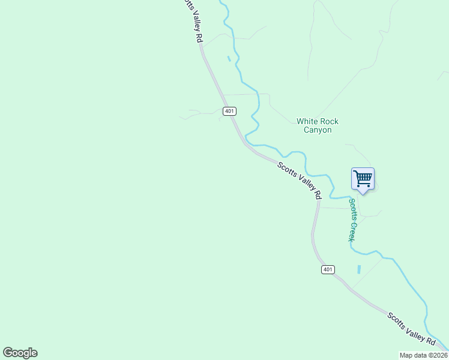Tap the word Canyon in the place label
(x=318, y=130)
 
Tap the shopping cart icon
(x=363, y=178)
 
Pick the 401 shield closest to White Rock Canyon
(x=229, y=111)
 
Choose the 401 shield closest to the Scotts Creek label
(x=327, y=269)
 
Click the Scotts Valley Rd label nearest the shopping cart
(x=300, y=180)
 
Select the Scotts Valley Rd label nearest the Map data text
(x=411, y=328)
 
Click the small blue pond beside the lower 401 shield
(x=359, y=269)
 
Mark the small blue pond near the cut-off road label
(x=229, y=58)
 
